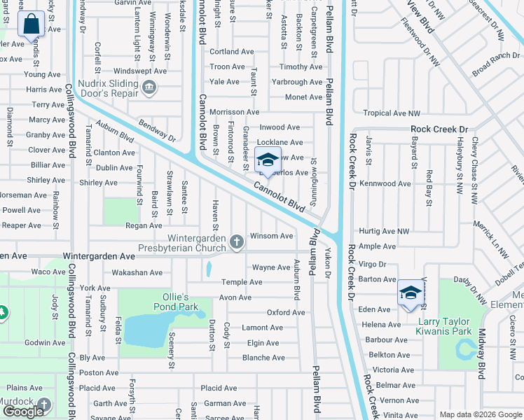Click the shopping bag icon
(x=32, y=25)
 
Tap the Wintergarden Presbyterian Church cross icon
(x=237, y=242)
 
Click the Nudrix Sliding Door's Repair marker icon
(x=149, y=87)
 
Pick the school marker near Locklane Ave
(x=267, y=162)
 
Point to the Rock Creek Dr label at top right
(x=439, y=129)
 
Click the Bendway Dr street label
(x=156, y=128)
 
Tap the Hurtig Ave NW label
(x=383, y=231)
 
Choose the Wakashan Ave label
(x=137, y=272)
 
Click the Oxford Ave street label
(x=286, y=312)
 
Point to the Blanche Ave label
(x=263, y=358)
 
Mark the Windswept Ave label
(x=140, y=71)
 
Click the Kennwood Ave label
(x=383, y=183)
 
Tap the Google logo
(x=23, y=411)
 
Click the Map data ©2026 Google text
(x=480, y=414)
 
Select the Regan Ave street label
(x=144, y=225)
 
